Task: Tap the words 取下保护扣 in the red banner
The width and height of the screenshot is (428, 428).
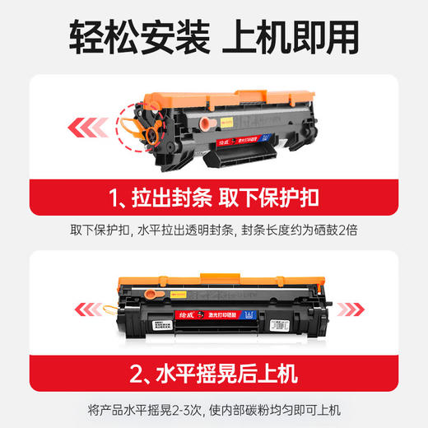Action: tap(271, 198)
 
